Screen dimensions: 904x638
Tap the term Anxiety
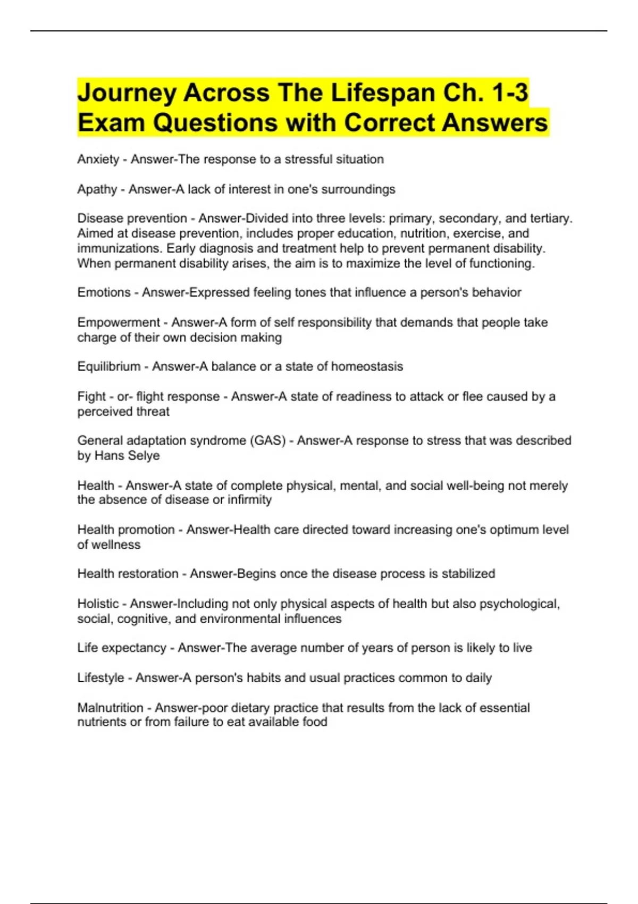tap(98, 160)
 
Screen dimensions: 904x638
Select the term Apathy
tap(97, 189)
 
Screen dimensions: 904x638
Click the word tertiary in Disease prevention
tap(550, 219)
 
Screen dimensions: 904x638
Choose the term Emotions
tap(104, 292)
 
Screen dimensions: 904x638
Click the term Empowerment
tap(118, 322)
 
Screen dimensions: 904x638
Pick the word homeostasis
tap(367, 366)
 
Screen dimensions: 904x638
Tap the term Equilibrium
tap(108, 366)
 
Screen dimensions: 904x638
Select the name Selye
tap(144, 456)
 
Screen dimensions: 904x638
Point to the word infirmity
tap(249, 500)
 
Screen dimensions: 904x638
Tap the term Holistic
tap(98, 604)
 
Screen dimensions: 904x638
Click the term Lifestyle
tap(100, 678)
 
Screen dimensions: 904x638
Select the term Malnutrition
tap(110, 708)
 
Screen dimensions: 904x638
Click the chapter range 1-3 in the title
tap(510, 93)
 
